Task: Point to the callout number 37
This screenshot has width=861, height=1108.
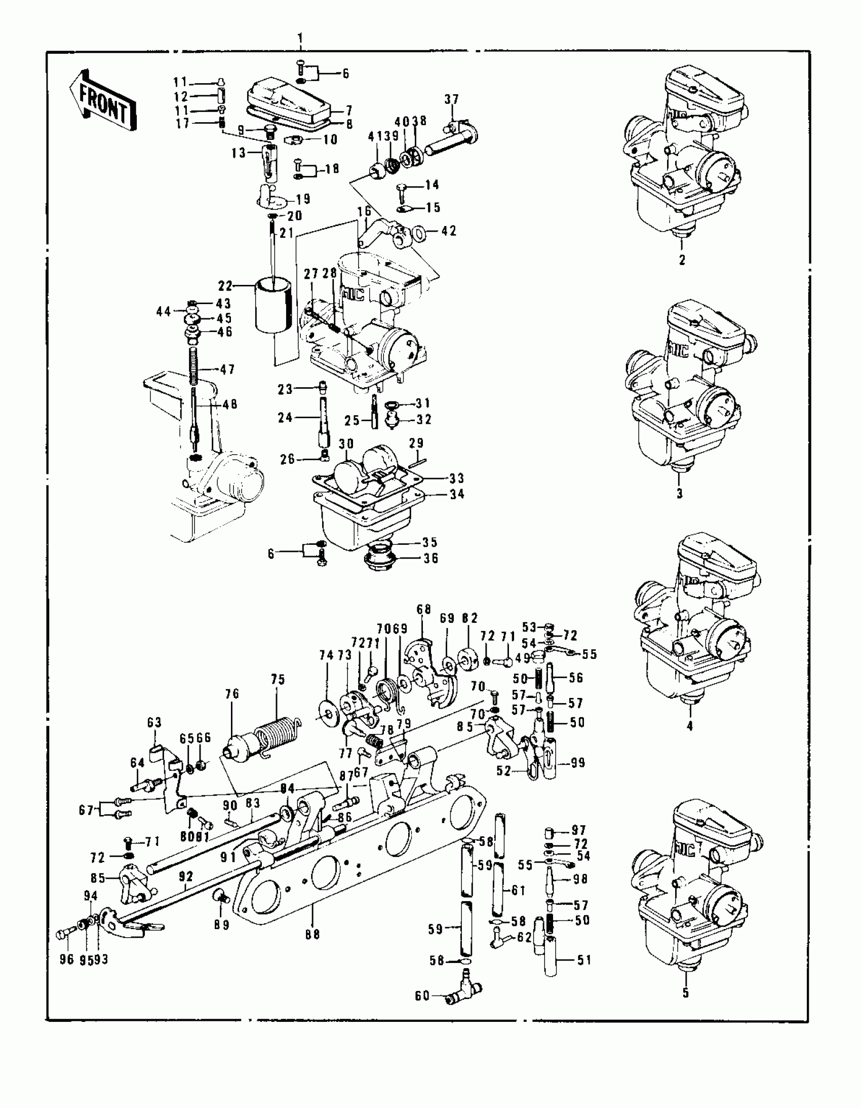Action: tap(451, 99)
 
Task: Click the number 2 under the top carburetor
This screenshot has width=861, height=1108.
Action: tap(682, 260)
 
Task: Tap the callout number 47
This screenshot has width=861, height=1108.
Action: tap(227, 370)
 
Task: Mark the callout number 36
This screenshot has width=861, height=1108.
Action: tap(430, 558)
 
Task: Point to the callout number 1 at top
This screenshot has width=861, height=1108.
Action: tap(300, 38)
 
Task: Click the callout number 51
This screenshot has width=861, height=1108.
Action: tap(585, 960)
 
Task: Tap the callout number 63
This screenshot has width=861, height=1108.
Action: tap(154, 722)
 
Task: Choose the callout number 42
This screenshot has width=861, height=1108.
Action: tap(449, 231)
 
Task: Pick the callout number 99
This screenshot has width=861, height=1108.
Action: tap(577, 762)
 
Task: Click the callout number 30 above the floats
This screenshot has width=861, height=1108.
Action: tap(346, 444)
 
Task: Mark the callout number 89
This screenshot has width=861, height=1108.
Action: tap(222, 925)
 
